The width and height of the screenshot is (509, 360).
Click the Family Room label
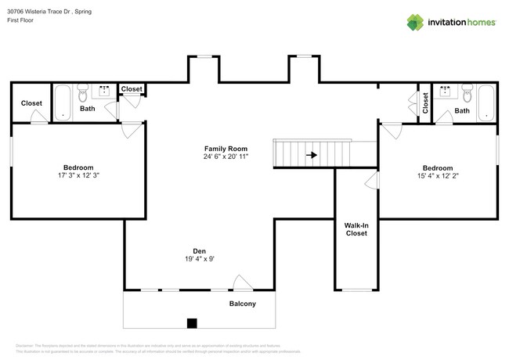(226, 149)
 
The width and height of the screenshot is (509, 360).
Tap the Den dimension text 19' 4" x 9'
(199, 259)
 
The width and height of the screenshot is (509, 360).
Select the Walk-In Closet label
(356, 229)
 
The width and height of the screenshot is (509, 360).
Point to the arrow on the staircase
(312, 155)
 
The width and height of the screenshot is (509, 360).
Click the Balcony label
(242, 304)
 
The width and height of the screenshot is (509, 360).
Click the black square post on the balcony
(192, 322)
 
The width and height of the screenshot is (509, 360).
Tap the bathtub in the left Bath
(63, 103)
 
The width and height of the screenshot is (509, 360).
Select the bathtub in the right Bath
(486, 103)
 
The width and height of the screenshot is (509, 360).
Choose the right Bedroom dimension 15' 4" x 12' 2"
(437, 177)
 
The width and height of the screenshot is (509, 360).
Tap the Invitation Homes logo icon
(415, 22)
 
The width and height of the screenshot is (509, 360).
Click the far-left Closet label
(31, 103)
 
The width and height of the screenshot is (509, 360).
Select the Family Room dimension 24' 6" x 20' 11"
(226, 157)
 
